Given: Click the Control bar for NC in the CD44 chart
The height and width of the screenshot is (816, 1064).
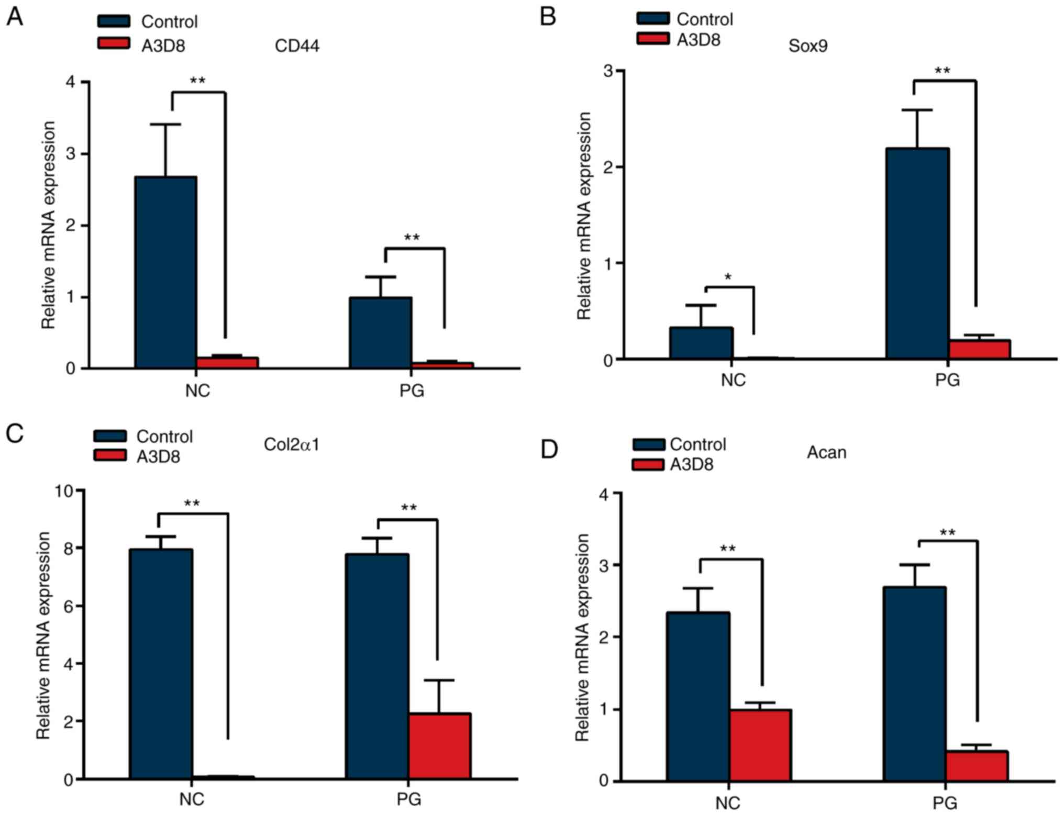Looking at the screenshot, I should (x=165, y=272).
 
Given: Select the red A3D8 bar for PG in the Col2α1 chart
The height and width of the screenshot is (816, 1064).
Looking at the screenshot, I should (x=439, y=746).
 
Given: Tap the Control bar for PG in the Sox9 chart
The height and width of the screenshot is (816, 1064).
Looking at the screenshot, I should (x=917, y=254).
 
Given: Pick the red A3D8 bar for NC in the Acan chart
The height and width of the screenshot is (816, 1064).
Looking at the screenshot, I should (x=760, y=745).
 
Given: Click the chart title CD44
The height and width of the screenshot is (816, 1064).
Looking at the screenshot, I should (x=297, y=46).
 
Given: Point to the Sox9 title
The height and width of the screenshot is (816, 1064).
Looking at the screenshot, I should (x=808, y=46).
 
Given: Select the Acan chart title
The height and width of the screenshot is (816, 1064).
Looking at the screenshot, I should (x=826, y=452).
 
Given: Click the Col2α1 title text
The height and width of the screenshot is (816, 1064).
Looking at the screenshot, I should (x=291, y=444).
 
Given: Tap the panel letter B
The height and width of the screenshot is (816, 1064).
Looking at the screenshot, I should (x=548, y=17).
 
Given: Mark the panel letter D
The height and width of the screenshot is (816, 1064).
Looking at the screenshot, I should (x=549, y=449).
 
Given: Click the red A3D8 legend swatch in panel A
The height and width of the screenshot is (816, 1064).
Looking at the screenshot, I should (x=114, y=43).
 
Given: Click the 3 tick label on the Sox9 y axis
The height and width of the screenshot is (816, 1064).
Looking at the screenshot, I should (x=608, y=71).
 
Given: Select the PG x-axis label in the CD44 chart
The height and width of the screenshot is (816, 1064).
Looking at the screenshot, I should (x=412, y=390).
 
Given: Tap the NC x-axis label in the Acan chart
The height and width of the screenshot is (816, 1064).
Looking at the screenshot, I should (x=727, y=802).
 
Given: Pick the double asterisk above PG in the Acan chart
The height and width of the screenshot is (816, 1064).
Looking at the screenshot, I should (x=947, y=533).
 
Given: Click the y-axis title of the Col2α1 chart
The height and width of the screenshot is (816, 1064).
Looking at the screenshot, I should (x=43, y=635).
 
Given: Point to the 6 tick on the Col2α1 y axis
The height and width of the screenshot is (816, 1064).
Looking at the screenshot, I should (x=68, y=606).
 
